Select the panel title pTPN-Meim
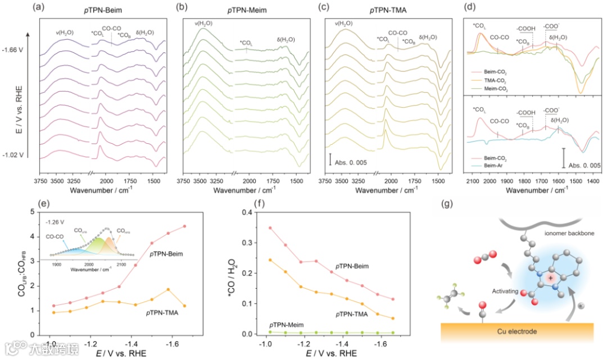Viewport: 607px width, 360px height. (246, 8)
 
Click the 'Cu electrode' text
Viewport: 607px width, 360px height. (513, 331)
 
